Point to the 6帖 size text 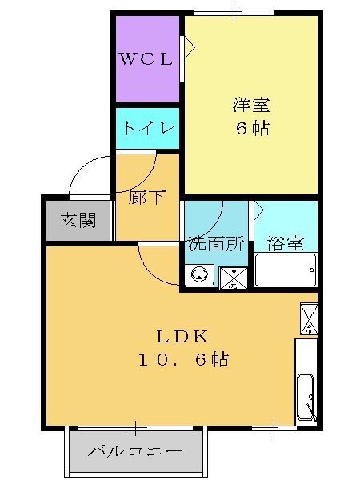(x=251, y=128)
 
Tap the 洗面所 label (x=215, y=244)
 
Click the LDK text (x=182, y=336)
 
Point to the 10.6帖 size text (x=182, y=360)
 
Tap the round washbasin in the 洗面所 (x=199, y=277)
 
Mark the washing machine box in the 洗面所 (x=234, y=278)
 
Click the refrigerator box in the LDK (x=308, y=318)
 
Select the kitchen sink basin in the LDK (x=306, y=395)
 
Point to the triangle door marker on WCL (x=190, y=46)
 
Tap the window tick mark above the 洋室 (x=234, y=12)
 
